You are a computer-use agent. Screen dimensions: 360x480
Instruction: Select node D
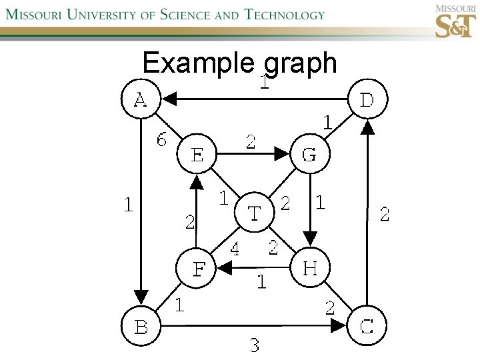point(367,100)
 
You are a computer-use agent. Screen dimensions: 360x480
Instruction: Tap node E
point(197,155)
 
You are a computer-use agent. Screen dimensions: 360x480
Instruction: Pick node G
point(309,155)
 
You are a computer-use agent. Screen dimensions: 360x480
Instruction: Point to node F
point(197,269)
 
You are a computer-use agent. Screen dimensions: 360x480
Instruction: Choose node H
point(309,269)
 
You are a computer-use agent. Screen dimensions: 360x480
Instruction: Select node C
point(367,326)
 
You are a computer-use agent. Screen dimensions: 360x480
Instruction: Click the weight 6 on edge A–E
point(162,140)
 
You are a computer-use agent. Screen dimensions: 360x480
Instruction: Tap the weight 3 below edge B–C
point(254,345)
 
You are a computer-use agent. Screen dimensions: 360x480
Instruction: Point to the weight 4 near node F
point(234,249)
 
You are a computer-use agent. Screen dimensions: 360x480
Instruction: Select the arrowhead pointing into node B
point(141,296)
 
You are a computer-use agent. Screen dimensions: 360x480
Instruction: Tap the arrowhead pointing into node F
point(224,269)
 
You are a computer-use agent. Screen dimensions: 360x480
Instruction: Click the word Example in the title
point(198,63)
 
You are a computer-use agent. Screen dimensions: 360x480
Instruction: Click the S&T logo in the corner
point(456,21)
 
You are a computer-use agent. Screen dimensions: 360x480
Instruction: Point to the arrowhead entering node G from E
point(283,155)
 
